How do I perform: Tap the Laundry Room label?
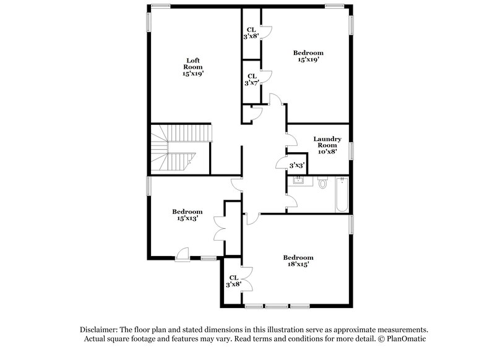[x=327, y=142]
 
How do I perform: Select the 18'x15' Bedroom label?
[x=298, y=260]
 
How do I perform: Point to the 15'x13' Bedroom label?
[x=187, y=214]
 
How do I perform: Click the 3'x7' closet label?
[x=251, y=79]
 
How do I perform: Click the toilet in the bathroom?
[x=322, y=183]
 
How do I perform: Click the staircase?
[x=179, y=148]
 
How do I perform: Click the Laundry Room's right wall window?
[x=352, y=150]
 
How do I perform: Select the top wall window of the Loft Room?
[x=160, y=6]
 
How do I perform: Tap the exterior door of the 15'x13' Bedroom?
[x=182, y=254]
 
